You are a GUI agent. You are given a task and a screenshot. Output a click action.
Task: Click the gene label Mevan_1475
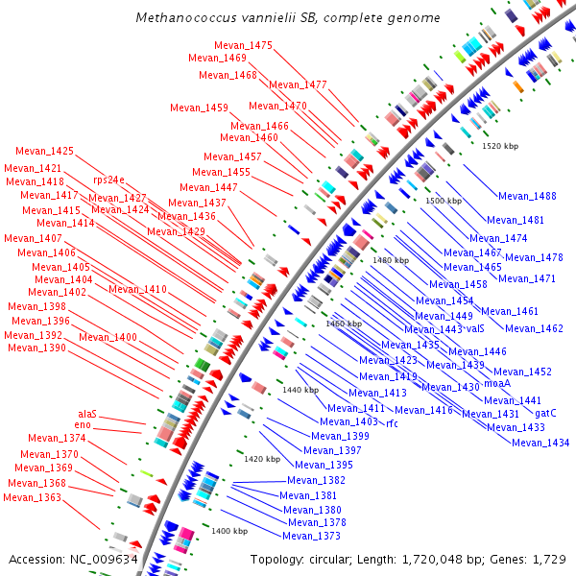[244, 45]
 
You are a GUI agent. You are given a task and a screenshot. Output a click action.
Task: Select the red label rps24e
[108, 180]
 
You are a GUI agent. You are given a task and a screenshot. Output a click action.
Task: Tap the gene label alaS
[87, 414]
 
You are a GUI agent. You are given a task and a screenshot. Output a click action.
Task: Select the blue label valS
[475, 328]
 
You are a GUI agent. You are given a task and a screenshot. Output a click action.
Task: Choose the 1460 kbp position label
[344, 324]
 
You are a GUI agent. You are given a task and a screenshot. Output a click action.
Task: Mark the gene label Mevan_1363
[32, 497]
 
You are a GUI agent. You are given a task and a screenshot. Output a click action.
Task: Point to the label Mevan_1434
[540, 443]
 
